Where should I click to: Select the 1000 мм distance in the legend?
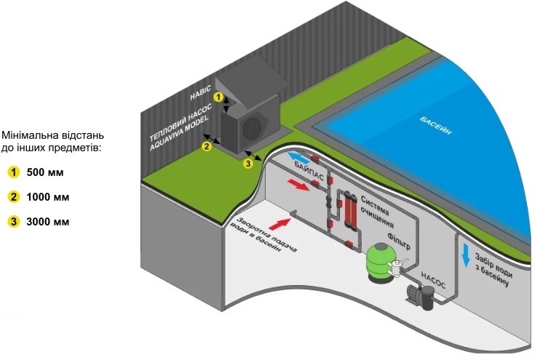48,197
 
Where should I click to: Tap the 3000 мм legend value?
48,221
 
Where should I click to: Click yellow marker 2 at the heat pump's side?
207,146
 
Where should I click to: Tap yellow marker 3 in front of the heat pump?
247,164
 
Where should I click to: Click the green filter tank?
379,262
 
